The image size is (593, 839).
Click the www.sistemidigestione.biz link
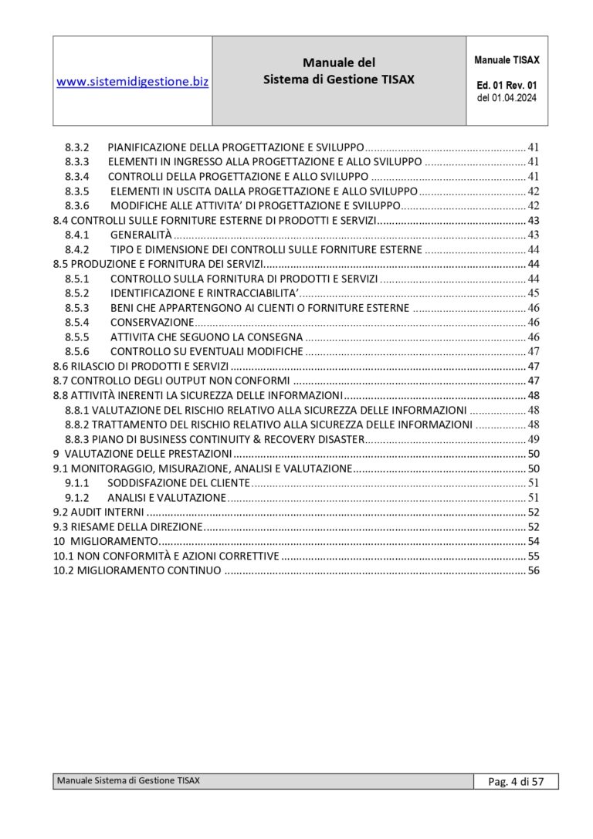(x=132, y=81)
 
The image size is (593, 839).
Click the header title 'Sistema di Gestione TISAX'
(x=338, y=80)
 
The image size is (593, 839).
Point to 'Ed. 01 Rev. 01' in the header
(x=507, y=84)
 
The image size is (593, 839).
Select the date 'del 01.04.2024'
(x=507, y=98)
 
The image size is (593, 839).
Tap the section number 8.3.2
(x=77, y=147)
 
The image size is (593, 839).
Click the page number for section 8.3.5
(x=533, y=191)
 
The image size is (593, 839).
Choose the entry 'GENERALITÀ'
(x=141, y=235)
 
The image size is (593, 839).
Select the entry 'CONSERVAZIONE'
(x=152, y=322)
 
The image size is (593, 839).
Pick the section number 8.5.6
(x=77, y=351)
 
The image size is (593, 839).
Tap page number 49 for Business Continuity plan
(x=533, y=439)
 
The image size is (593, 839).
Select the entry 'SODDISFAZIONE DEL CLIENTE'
(x=178, y=483)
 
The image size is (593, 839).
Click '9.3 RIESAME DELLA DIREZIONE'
(x=127, y=527)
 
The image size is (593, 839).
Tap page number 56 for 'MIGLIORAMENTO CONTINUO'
(x=533, y=571)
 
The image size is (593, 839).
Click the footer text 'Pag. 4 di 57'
(x=516, y=782)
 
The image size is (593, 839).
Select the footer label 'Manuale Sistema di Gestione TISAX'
(x=128, y=781)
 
